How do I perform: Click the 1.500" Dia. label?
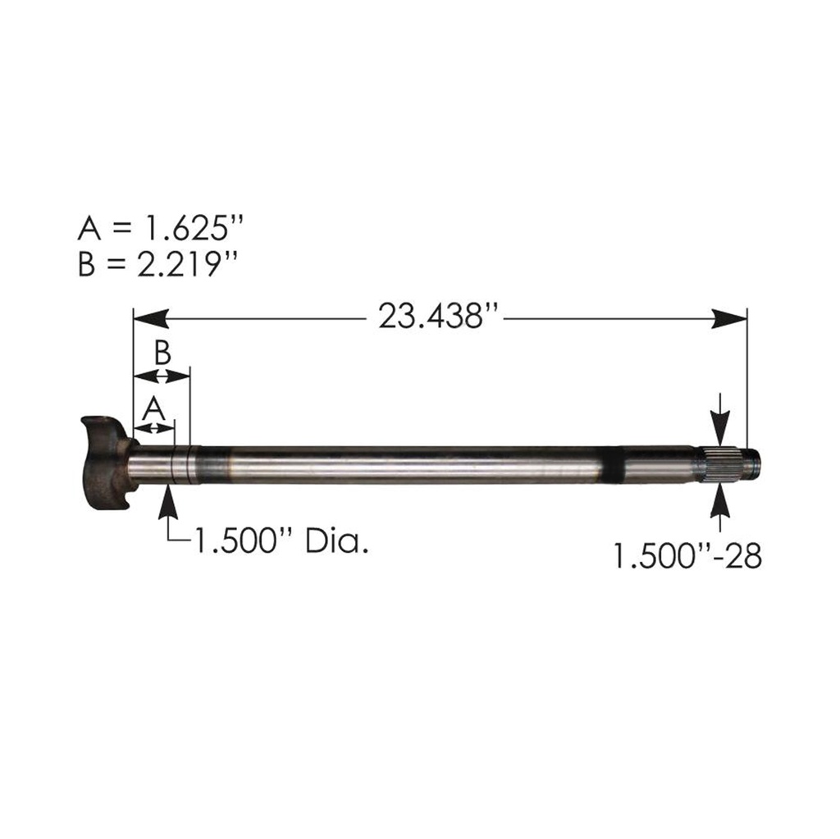pos(279,542)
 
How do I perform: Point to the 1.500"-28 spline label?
pos(687,556)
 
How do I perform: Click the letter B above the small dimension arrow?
pos(162,353)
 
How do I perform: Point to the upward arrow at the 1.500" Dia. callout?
pos(170,499)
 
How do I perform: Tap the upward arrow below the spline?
pos(719,501)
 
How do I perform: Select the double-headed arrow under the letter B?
pos(162,376)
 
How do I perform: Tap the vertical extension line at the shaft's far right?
pos(747,377)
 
